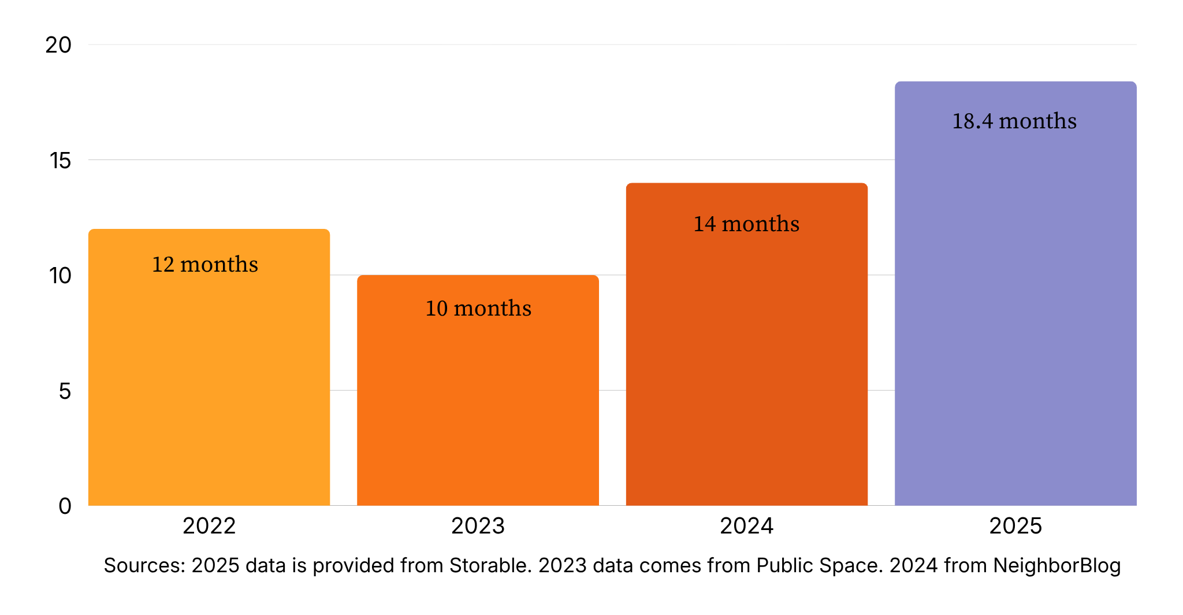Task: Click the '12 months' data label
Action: (x=205, y=264)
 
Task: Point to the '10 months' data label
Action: (x=478, y=308)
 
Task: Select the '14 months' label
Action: (x=746, y=224)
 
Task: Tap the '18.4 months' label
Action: (x=1014, y=121)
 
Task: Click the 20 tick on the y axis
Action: (x=58, y=45)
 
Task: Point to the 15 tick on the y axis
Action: (x=60, y=161)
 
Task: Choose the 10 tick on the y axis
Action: (x=60, y=276)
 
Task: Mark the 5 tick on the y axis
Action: (x=65, y=391)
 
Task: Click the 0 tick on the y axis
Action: (x=65, y=506)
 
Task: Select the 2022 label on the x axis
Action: (x=209, y=526)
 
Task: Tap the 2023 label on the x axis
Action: (x=478, y=526)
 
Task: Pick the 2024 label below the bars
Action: (x=746, y=526)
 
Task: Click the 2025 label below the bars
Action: (x=1015, y=526)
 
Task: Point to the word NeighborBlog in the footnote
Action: (x=1056, y=565)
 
